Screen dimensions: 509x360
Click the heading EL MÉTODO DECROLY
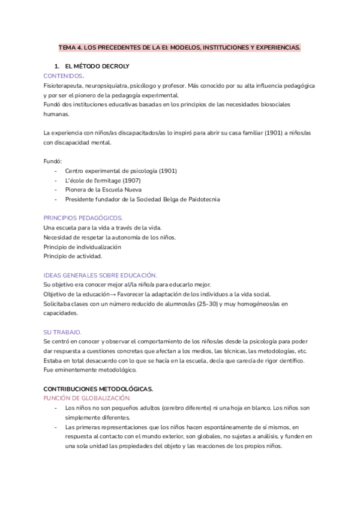coord(96,65)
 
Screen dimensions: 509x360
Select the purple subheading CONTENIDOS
coord(64,76)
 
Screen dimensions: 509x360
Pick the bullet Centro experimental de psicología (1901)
coord(121,171)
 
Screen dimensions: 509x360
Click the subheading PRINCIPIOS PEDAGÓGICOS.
coord(83,218)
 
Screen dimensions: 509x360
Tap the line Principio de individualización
coord(83,247)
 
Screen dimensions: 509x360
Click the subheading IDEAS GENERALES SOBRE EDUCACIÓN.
coord(100,275)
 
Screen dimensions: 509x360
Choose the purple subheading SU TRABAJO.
coord(62,332)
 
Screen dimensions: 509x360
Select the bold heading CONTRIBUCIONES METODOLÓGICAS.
coord(98,389)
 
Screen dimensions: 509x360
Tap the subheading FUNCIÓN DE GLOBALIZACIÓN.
coord(87,398)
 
